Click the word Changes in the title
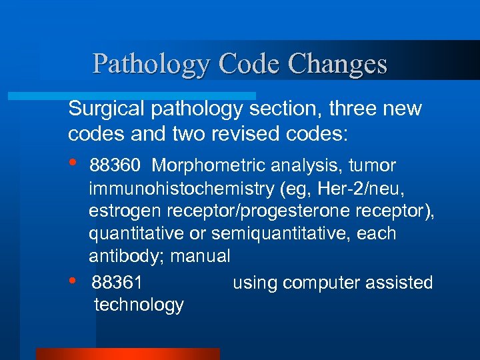[x=338, y=64]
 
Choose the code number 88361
[x=117, y=283]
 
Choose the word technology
[x=139, y=305]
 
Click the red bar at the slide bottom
[x=127, y=354]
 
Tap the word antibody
[x=126, y=256]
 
